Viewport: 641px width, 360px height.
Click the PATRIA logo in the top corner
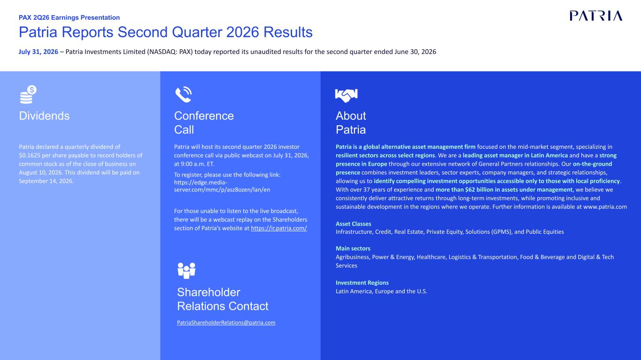coord(596,16)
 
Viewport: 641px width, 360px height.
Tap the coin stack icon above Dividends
coord(28,94)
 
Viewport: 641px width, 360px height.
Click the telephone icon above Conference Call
coord(184,94)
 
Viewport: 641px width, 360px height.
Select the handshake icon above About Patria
coord(346,95)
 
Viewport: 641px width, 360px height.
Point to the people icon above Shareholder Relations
coord(186,270)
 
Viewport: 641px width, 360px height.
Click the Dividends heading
coord(44,116)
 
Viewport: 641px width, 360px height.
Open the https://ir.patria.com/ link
coord(279,228)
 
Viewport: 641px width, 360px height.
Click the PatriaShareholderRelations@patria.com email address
coord(226,322)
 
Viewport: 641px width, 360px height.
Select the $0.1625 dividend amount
coord(30,155)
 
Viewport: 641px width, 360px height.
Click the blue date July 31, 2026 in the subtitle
coord(39,52)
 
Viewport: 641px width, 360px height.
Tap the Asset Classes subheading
coord(354,224)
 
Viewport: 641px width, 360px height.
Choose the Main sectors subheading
coord(353,248)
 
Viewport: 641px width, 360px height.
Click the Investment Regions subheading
coord(362,283)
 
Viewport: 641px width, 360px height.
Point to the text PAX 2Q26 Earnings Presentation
coord(69,17)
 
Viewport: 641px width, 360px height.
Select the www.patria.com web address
coord(605,207)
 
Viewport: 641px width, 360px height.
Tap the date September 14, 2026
coord(46,181)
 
